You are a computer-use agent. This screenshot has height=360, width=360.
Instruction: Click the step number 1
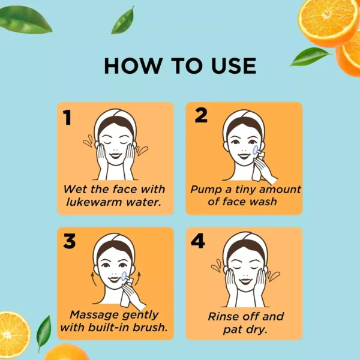pyautogui.click(x=67, y=117)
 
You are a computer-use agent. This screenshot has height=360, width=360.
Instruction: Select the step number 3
pyautogui.click(x=70, y=241)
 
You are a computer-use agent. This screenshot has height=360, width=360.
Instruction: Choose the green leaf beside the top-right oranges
pyautogui.click(x=310, y=56)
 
